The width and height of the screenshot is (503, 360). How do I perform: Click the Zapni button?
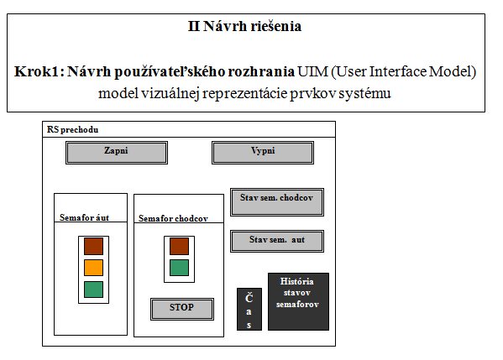click(x=117, y=153)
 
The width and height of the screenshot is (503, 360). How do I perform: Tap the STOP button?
click(x=182, y=309)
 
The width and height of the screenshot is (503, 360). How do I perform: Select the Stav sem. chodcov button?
click(x=277, y=202)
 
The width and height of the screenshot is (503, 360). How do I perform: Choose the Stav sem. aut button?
click(x=277, y=241)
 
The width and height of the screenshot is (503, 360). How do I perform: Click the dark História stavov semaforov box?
click(x=298, y=301)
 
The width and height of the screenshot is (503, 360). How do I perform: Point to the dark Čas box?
click(x=249, y=309)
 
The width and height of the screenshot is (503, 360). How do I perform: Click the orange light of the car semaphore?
click(x=94, y=268)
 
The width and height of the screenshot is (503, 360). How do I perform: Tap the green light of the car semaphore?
click(x=94, y=290)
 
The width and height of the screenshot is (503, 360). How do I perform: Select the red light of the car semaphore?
click(x=94, y=246)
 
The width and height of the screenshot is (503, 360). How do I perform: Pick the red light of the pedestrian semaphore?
click(x=180, y=246)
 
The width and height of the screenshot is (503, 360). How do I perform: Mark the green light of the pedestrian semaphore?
click(x=180, y=268)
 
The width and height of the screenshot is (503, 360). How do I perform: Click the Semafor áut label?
click(x=84, y=217)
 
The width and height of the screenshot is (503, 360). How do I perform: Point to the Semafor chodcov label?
click(x=173, y=218)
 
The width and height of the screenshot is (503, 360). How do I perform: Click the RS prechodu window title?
click(x=73, y=129)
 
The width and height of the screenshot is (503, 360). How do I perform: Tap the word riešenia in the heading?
click(x=276, y=26)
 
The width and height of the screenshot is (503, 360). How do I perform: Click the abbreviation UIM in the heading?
click(x=312, y=71)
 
